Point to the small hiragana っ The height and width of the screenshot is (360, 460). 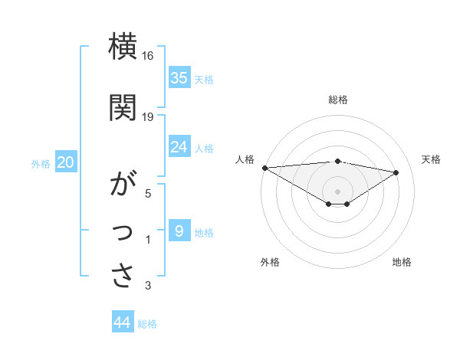123,233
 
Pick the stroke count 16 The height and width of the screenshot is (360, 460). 148,56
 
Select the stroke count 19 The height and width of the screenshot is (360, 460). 148,116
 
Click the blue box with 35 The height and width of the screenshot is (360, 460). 179,77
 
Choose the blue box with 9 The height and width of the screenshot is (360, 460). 179,231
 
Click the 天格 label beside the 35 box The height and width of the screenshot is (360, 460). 204,79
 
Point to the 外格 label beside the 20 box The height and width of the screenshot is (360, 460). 41,163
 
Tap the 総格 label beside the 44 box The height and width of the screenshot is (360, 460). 147,324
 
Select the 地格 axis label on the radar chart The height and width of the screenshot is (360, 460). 402,262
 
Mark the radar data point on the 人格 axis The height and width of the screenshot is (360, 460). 264,168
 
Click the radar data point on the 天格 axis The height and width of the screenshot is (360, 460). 396,172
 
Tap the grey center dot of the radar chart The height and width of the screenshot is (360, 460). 337,191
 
